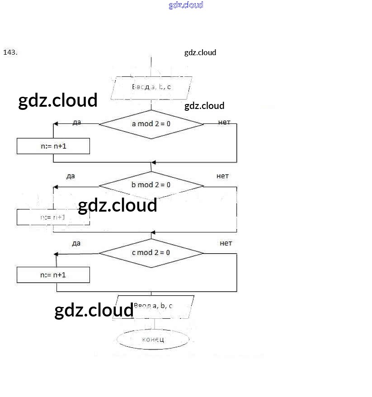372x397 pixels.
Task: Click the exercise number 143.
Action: click(10, 52)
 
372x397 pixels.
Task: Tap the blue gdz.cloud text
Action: click(186, 5)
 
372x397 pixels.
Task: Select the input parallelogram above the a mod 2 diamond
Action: click(151, 87)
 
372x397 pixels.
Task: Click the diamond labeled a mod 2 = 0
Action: click(151, 123)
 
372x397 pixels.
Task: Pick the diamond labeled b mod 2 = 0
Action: click(151, 184)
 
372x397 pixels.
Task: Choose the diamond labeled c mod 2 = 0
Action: click(151, 252)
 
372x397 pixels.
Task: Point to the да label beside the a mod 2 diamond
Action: click(76, 123)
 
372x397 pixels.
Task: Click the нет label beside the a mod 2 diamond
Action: click(224, 122)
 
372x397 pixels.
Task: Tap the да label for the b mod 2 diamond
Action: click(71, 176)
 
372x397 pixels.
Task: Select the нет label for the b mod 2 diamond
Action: click(222, 176)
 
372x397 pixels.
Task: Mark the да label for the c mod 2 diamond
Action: click(76, 243)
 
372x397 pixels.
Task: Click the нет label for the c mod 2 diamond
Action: click(226, 243)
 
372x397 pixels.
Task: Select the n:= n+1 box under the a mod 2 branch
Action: click(53, 147)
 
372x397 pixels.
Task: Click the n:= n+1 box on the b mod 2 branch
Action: click(53, 217)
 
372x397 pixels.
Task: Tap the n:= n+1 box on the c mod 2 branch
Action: click(53, 274)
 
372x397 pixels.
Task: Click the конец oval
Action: click(153, 339)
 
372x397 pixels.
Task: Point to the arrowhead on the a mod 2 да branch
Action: click(56, 124)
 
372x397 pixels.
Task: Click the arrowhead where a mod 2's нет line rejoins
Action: click(154, 162)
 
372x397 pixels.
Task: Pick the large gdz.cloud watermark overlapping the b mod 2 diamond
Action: click(118, 206)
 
